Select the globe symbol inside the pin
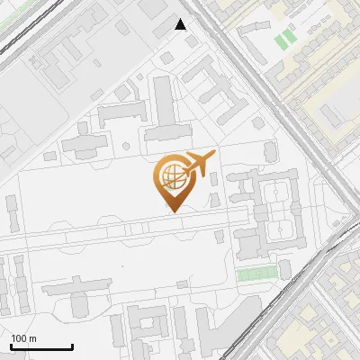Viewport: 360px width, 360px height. pos(171,175)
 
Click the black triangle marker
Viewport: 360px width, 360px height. pos(181,24)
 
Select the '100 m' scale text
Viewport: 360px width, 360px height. pos(23,338)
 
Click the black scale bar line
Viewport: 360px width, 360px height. pos(41,346)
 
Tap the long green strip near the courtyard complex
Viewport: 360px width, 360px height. pos(257,274)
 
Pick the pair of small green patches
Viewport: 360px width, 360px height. pos(284,39)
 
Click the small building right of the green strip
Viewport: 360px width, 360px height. pos(286,271)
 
